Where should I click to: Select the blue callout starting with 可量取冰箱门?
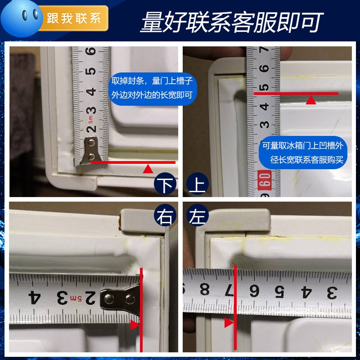pyautogui.click(x=303, y=153)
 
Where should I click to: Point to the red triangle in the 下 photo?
pyautogui.click(x=148, y=169)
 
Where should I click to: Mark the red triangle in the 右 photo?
pyautogui.click(x=134, y=325)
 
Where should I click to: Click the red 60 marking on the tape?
pyautogui.click(x=265, y=180)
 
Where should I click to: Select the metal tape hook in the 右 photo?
pyautogui.click(x=119, y=297)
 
